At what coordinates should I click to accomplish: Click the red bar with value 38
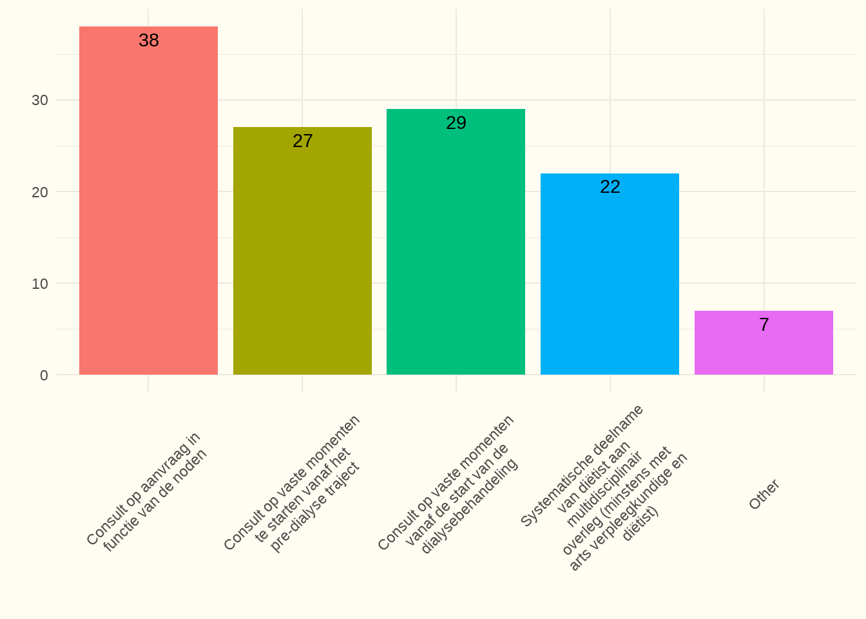(x=148, y=206)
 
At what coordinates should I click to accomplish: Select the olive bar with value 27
(x=302, y=258)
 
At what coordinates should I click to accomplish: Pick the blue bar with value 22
(x=610, y=277)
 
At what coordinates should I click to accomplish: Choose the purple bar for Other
(x=764, y=348)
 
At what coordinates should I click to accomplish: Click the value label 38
(x=149, y=41)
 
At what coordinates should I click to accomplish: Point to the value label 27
(x=303, y=141)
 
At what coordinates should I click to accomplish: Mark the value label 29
(x=456, y=123)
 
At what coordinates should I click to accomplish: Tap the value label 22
(x=610, y=187)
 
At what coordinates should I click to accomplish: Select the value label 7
(x=764, y=325)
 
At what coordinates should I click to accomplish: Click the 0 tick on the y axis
(x=44, y=375)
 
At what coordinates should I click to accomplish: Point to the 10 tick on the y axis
(x=40, y=284)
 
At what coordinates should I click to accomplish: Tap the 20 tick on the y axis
(x=40, y=192)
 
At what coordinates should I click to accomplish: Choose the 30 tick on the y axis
(x=40, y=101)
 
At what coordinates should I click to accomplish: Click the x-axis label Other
(x=764, y=495)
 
